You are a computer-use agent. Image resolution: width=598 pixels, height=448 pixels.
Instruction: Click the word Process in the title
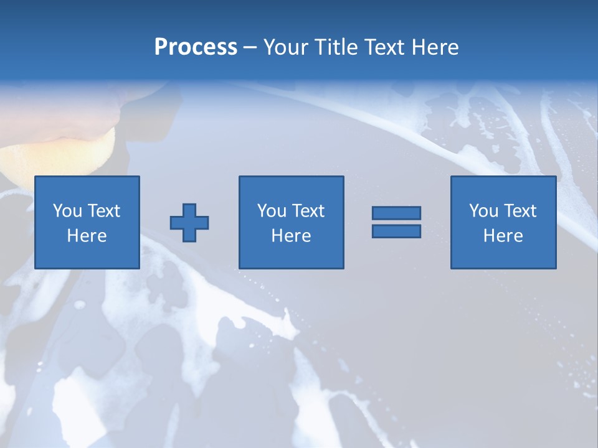196,47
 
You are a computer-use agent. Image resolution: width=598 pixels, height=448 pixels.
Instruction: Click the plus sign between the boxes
189,222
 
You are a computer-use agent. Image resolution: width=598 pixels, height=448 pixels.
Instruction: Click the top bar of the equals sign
396,213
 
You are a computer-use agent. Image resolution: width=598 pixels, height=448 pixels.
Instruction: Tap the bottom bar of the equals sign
396,231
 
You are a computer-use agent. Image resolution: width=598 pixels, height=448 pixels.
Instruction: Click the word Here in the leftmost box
87,236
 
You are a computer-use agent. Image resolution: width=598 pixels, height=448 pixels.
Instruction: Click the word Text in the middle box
308,211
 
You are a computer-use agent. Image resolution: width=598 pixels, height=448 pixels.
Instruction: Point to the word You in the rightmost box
483,211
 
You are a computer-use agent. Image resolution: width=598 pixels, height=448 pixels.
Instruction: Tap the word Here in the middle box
291,236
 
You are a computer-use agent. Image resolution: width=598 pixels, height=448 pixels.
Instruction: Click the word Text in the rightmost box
520,211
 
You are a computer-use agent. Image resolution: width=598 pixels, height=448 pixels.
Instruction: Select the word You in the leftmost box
67,211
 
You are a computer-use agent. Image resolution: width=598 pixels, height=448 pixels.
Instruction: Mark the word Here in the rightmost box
503,236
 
